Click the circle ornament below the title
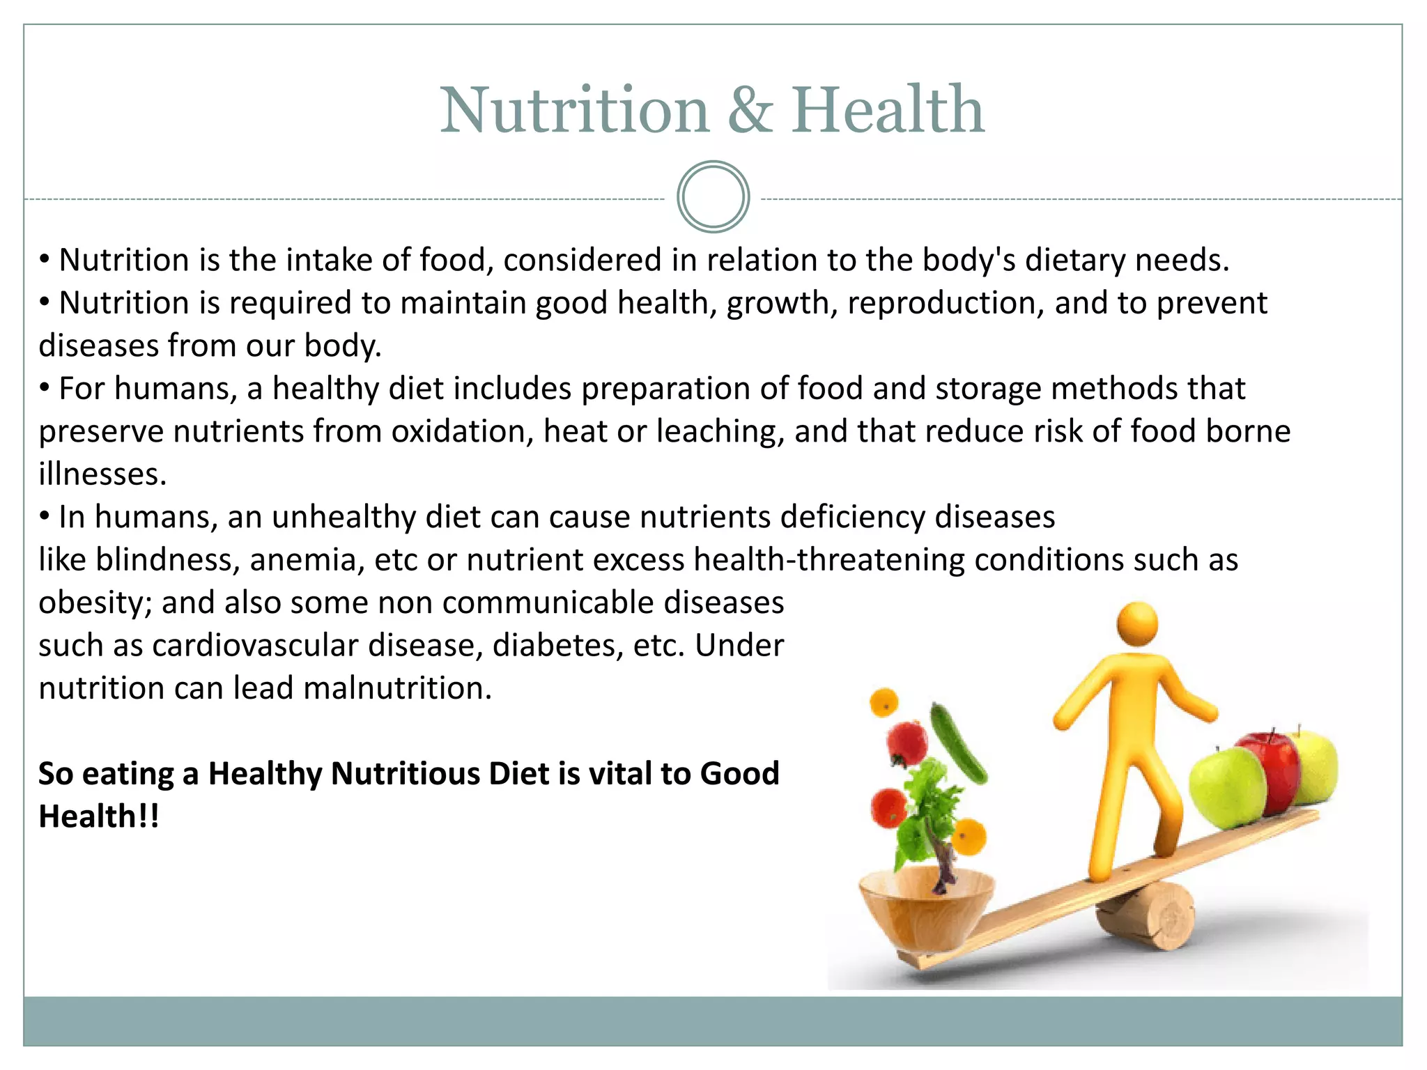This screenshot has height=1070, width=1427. [x=713, y=197]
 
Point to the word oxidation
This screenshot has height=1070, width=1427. [x=462, y=431]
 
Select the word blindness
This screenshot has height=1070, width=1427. [x=167, y=560]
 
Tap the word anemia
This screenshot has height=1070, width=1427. [x=303, y=560]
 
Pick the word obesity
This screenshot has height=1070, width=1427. [x=95, y=603]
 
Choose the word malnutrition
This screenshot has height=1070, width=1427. [x=397, y=688]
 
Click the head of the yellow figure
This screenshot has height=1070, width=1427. [x=1137, y=624]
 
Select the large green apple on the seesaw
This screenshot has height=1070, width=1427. [x=1226, y=787]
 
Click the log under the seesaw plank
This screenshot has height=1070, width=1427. [x=1150, y=916]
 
